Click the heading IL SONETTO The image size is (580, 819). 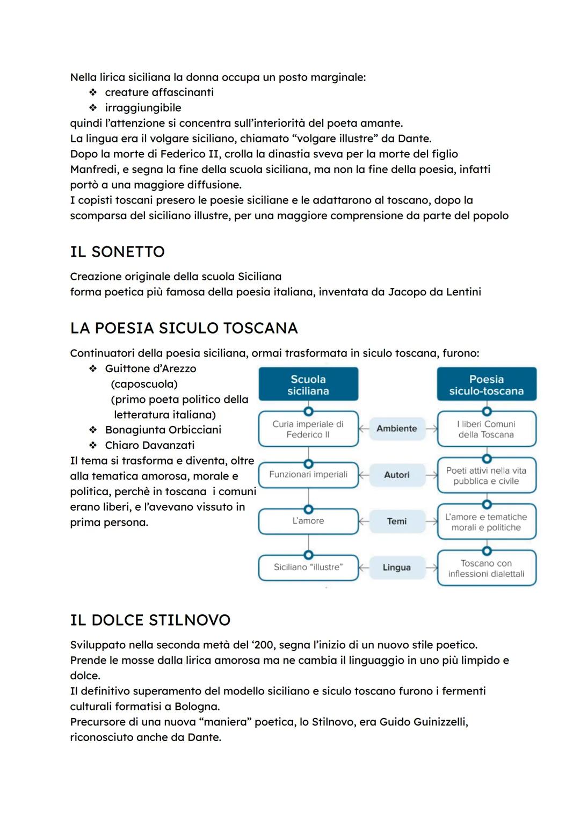coord(117,252)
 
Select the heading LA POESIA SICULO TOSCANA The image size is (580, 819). coord(184,328)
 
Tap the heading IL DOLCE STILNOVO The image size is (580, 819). coord(150,620)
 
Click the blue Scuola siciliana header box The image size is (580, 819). coord(308,385)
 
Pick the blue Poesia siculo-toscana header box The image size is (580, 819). coord(487,385)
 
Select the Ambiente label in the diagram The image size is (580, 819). coord(396,429)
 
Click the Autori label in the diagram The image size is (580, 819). coord(396,475)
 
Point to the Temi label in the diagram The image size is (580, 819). coord(396,521)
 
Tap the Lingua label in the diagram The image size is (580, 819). coord(396,567)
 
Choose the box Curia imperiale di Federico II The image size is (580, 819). coord(308,429)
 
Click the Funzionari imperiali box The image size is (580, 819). coord(308,475)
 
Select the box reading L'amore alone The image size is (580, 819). coord(308,521)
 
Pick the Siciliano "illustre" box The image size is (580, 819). coord(308,567)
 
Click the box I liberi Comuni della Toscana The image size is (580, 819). coord(487,429)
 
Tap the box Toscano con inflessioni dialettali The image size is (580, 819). coord(487,568)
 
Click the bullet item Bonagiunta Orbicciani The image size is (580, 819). coord(163,430)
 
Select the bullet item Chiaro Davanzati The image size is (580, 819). coord(149,445)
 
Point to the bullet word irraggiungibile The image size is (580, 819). coord(143,108)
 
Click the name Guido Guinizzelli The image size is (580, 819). coord(423,722)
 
